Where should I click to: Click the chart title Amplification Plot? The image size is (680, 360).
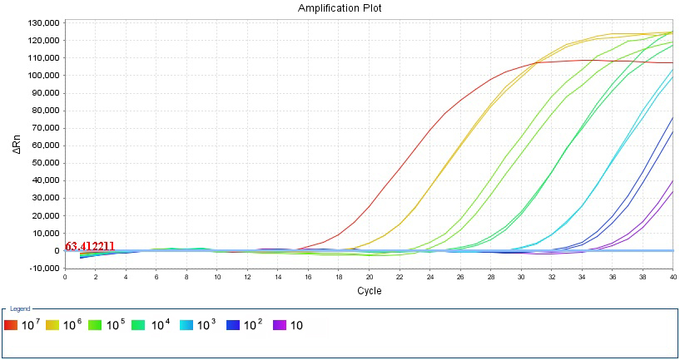click(x=340, y=7)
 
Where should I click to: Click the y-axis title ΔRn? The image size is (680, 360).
click(x=16, y=145)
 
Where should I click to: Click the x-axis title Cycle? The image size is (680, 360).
click(x=369, y=291)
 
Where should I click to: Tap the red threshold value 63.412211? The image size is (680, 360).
click(x=90, y=246)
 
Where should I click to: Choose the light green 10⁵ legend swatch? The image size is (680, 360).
click(x=96, y=325)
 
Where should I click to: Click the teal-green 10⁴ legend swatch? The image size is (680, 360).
click(x=141, y=325)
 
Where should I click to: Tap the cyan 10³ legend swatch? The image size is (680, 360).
click(x=186, y=325)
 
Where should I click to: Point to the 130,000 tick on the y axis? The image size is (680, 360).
click(x=42, y=22)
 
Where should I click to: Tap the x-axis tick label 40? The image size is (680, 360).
click(x=673, y=277)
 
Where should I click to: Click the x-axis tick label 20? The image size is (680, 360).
click(x=369, y=277)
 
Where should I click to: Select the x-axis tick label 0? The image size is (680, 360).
click(x=65, y=277)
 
